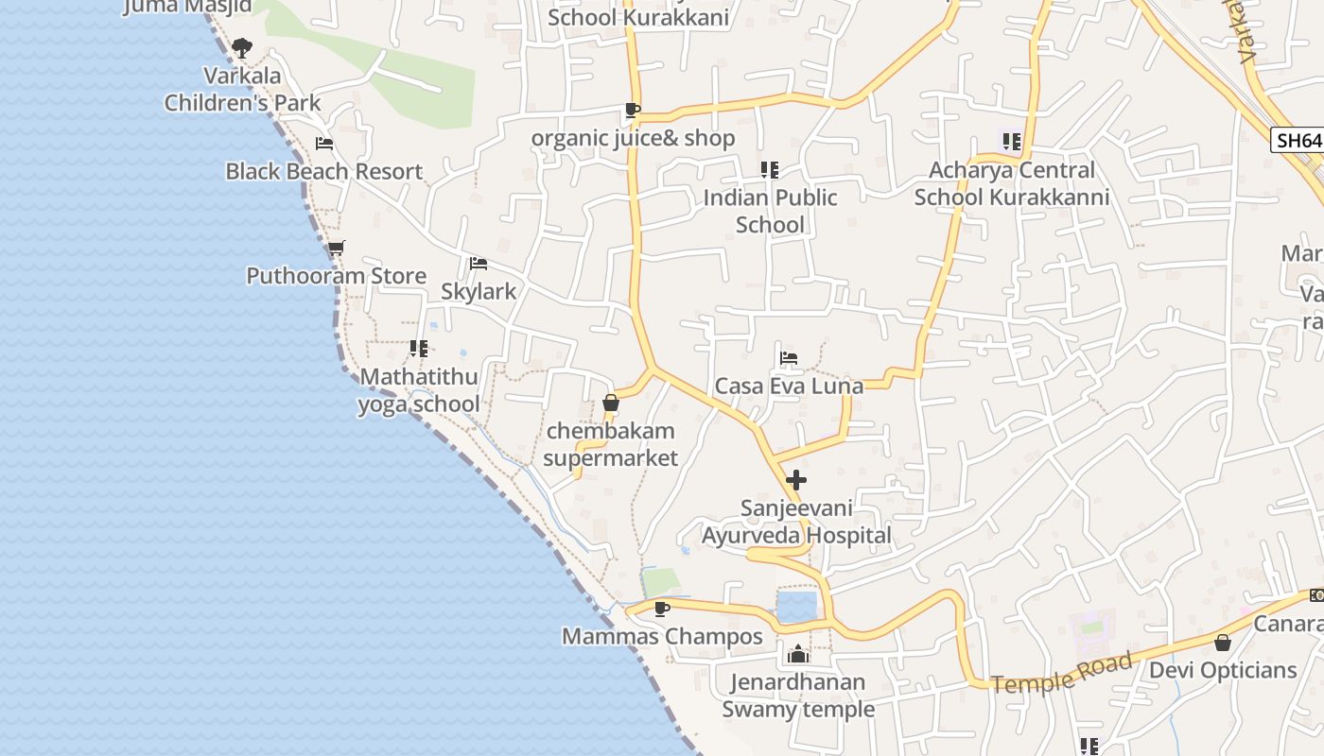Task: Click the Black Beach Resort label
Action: [x=323, y=172]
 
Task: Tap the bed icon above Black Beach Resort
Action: [x=324, y=144]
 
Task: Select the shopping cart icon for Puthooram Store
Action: [x=336, y=249]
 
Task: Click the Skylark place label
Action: [x=479, y=291]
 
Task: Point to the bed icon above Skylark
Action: [x=479, y=264]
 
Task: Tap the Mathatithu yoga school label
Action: [x=419, y=390]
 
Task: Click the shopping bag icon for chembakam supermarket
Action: [x=611, y=404]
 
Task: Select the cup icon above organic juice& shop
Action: [x=633, y=111]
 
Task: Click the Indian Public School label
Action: [x=770, y=211]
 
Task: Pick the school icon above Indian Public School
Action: [x=770, y=170]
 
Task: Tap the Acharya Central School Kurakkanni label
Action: [x=1011, y=183]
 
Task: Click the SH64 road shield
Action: [x=1298, y=141]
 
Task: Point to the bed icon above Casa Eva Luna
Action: [x=789, y=358]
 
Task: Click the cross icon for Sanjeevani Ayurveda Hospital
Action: [x=796, y=480]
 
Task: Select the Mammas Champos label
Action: [x=662, y=636]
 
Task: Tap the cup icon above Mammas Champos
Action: [x=662, y=609]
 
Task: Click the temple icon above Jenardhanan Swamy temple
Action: [x=798, y=654]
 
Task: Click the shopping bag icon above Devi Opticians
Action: [x=1223, y=643]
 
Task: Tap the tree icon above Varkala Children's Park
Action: [x=242, y=47]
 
